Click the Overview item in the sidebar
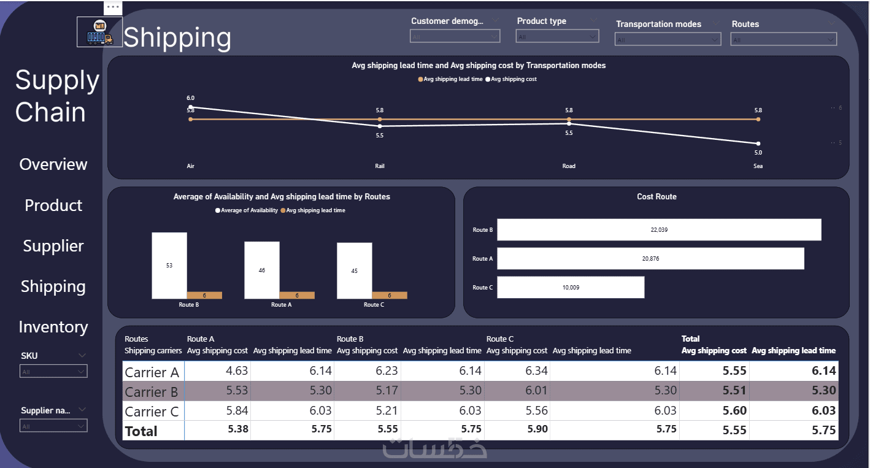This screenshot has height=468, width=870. pos(53,164)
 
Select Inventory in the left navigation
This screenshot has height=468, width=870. pos(53,327)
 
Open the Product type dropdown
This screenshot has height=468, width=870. pos(557,37)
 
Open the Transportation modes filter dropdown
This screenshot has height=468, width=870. pos(668,40)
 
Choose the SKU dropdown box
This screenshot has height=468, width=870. pos(53,372)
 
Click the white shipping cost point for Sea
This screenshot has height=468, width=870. pos(758,144)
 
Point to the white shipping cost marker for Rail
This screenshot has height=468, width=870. pos(380,126)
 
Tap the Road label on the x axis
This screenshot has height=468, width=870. pos(569,166)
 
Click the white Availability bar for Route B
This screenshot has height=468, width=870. pos(169,265)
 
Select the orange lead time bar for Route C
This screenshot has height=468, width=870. pos(389,295)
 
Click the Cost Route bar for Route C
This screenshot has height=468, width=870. pos(571,287)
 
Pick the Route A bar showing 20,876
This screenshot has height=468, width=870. pos(650,258)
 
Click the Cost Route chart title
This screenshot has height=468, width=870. pos(656,197)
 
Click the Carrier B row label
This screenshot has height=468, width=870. pos(152,391)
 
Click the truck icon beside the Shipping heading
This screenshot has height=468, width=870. pos(99,32)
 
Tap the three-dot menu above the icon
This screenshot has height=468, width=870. pos(113,7)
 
